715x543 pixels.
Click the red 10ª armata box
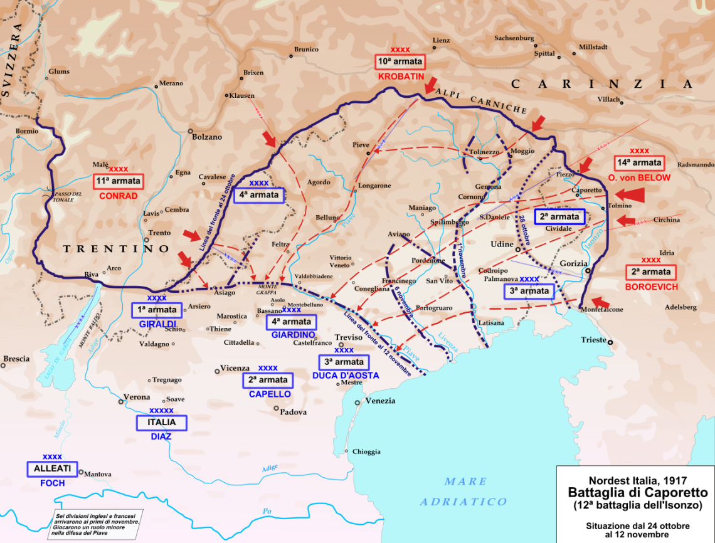[400, 62]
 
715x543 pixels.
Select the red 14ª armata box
[639, 163]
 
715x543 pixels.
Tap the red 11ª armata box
[119, 182]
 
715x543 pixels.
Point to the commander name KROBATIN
[401, 76]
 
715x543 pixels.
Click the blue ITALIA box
[161, 423]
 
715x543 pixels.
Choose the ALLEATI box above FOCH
[52, 469]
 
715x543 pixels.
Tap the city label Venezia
[380, 401]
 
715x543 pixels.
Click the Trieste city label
[593, 340]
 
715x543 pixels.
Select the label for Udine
[502, 244]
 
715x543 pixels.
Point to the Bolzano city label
[207, 137]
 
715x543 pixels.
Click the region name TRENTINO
[117, 249]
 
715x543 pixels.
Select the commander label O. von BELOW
[639, 177]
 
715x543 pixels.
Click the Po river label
[267, 511]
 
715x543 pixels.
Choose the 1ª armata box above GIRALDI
[157, 310]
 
